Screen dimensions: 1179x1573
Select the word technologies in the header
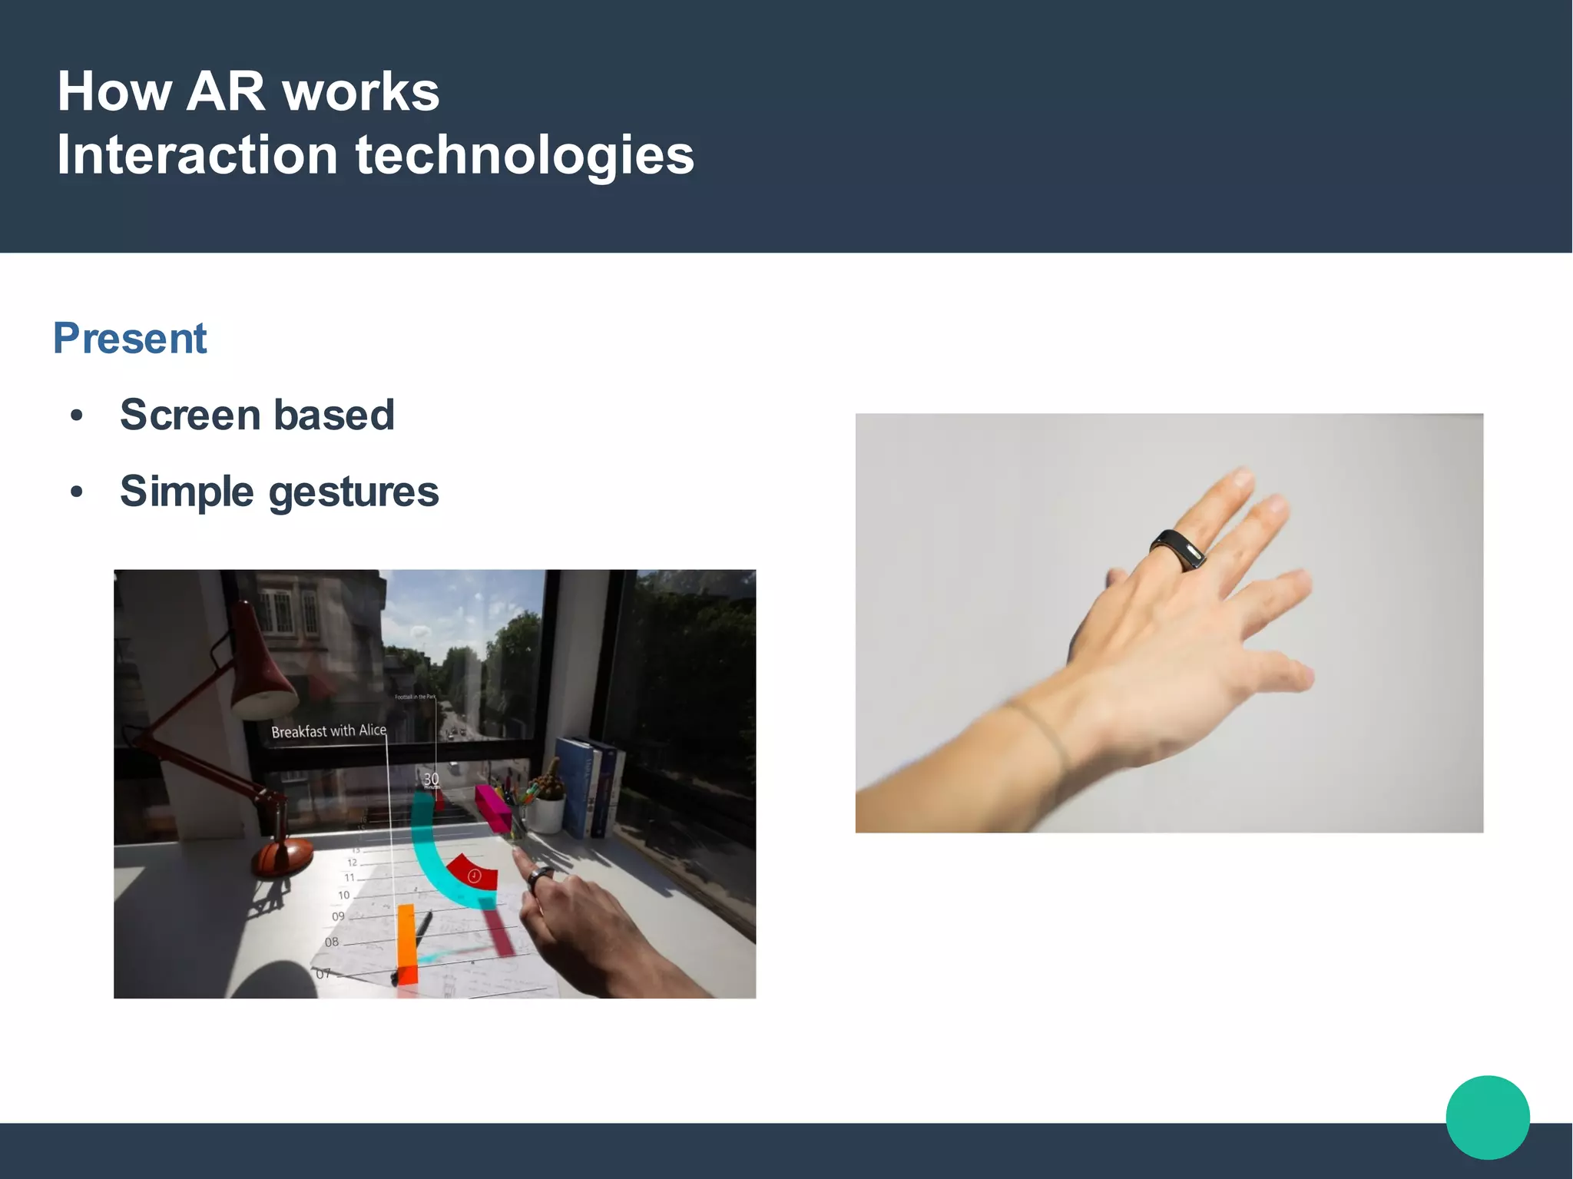point(525,156)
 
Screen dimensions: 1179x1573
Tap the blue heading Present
point(130,339)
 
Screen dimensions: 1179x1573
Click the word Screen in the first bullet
point(190,416)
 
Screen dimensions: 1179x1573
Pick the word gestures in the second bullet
point(353,492)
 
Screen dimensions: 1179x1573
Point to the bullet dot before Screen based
point(76,416)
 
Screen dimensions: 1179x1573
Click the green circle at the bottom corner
point(1487,1117)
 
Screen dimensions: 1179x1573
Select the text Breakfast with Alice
point(329,730)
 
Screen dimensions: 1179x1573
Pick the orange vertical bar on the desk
point(406,945)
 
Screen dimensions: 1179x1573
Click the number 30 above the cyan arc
point(431,780)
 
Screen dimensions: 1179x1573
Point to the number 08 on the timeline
point(331,942)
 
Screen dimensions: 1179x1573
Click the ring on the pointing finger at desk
point(540,878)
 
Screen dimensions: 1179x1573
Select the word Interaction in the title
point(197,156)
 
